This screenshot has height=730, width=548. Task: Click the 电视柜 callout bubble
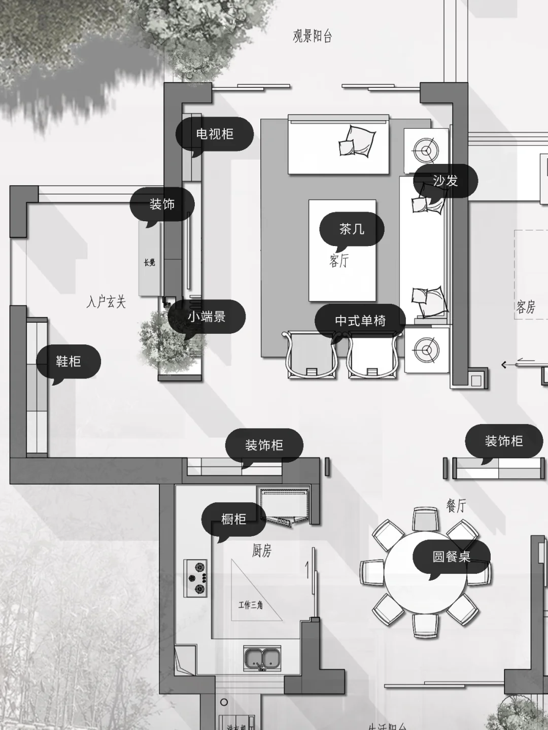215,134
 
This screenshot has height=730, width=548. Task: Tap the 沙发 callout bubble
446,181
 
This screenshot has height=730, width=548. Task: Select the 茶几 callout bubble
352,229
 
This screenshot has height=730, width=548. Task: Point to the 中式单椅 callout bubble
360,321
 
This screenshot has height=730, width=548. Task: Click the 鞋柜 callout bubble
68,361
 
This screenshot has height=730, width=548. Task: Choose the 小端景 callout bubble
207,317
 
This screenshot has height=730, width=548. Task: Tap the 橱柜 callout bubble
233,519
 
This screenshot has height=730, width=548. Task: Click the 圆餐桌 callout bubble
451,557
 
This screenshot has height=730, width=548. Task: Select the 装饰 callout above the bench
162,204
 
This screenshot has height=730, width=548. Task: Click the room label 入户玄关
106,302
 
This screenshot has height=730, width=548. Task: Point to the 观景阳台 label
312,36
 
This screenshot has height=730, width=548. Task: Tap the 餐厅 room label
456,505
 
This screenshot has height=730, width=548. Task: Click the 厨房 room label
262,550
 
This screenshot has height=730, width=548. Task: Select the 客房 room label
526,307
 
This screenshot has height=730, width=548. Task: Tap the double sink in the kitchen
262,658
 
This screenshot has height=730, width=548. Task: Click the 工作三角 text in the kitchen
251,605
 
